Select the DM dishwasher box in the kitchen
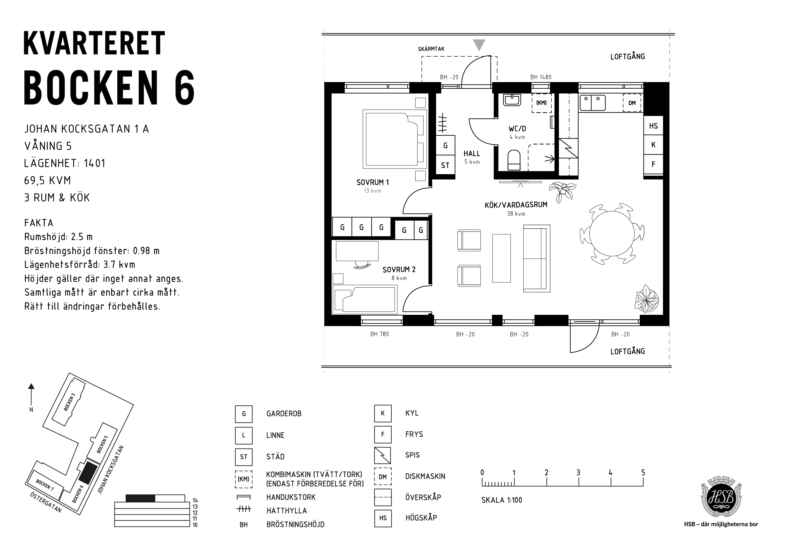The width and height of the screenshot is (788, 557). [x=632, y=103]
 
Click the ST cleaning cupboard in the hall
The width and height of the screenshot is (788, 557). [x=445, y=165]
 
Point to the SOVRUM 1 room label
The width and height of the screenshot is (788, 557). [x=372, y=182]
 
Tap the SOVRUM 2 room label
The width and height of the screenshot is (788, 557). [x=399, y=269]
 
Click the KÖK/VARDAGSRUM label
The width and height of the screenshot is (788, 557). [x=516, y=205]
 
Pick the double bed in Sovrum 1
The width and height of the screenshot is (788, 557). [x=395, y=139]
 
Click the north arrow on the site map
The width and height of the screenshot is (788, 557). [x=31, y=395]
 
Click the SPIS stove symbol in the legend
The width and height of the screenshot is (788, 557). [x=383, y=455]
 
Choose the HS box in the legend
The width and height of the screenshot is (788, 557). [x=383, y=518]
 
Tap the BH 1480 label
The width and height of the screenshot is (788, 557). [x=541, y=77]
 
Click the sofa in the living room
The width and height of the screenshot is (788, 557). [x=536, y=259]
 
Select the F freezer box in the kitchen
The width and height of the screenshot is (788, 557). [x=653, y=164]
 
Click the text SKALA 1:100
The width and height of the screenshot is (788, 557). [x=501, y=500]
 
